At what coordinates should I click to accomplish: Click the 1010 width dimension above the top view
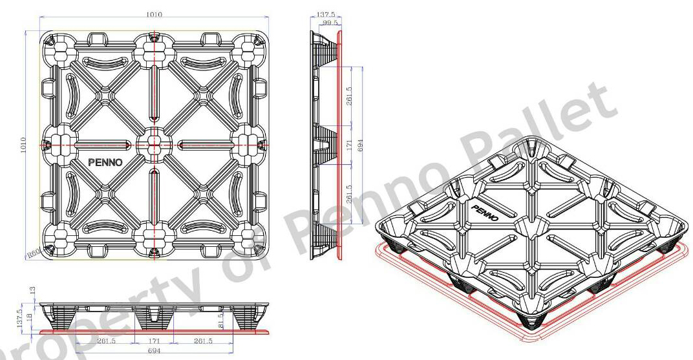[x=153, y=14]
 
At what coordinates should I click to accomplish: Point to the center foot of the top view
[x=154, y=144]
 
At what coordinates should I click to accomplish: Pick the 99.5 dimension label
[x=330, y=23]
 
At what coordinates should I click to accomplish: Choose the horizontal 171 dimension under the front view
[x=153, y=341]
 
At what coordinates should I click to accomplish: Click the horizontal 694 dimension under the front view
[x=153, y=352]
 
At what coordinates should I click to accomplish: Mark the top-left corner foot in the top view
[x=57, y=47]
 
